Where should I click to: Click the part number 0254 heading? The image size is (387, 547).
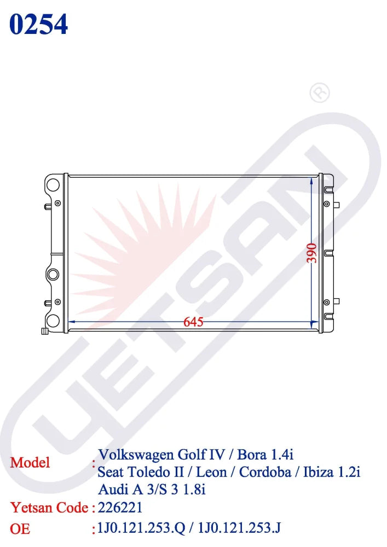(x=38, y=24)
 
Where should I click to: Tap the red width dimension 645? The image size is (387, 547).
(x=193, y=322)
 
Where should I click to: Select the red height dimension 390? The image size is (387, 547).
(x=311, y=253)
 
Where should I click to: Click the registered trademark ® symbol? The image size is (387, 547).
(x=320, y=93)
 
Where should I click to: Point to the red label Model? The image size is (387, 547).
(x=30, y=462)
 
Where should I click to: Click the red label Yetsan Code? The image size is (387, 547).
(x=49, y=508)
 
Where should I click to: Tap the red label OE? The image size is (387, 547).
(x=20, y=529)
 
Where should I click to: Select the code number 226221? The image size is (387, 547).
(x=120, y=508)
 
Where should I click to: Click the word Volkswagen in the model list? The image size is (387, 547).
(x=136, y=455)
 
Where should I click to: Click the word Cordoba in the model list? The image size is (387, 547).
(x=266, y=472)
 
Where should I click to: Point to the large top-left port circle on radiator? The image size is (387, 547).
(x=53, y=184)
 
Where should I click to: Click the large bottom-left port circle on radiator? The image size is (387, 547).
(x=52, y=321)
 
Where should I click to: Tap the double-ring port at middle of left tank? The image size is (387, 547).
(x=53, y=274)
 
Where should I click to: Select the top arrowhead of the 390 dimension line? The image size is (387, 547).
(x=311, y=180)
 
